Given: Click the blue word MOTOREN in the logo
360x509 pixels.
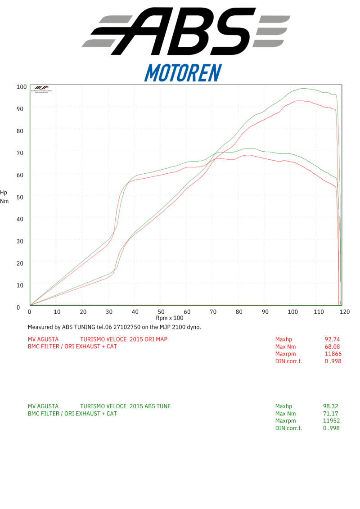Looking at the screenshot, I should click(183, 72).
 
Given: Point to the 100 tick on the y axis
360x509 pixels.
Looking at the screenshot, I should click(21, 86).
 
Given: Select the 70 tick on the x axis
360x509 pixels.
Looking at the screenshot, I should click(213, 311).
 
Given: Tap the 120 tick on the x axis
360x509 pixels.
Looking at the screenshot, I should click(345, 311).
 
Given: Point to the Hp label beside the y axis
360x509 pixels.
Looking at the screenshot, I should click(4, 193).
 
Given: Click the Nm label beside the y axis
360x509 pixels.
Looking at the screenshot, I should click(4, 201).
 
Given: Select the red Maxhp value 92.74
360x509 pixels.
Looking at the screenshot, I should click(332, 339).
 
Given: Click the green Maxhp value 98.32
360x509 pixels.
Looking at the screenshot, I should click(331, 406).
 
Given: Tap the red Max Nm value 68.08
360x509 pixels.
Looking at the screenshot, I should click(332, 347).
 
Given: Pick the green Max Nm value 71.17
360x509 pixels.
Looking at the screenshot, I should click(331, 414).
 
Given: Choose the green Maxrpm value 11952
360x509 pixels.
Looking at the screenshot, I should click(331, 421).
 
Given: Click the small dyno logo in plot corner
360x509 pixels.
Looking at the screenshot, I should click(41, 89).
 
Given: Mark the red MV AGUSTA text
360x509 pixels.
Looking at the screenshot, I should click(43, 339).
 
